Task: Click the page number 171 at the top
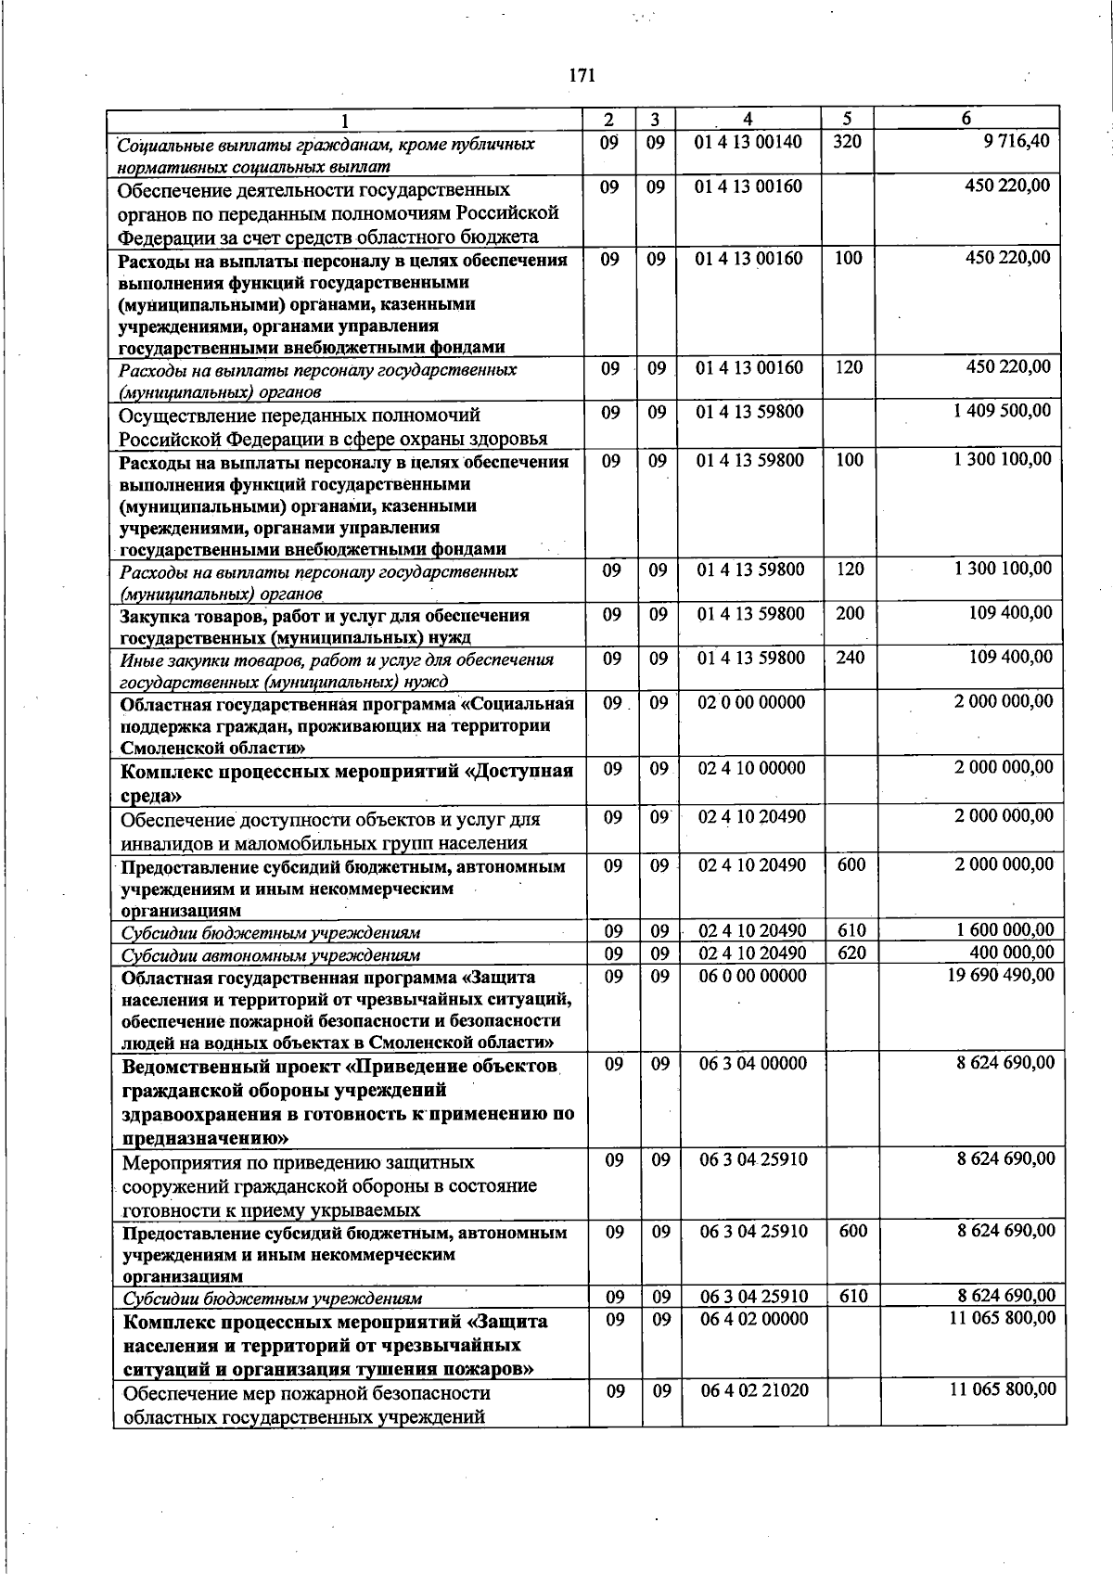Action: coord(581,76)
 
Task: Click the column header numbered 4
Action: coord(748,120)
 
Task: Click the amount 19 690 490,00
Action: coord(1000,976)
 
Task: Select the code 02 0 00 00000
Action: coord(751,703)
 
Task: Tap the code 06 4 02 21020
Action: coord(754,1390)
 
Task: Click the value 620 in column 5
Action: coord(851,953)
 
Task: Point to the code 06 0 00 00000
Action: coord(752,976)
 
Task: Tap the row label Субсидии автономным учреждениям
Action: coord(271,955)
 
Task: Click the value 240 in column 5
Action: coord(850,659)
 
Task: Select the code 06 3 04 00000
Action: coord(753,1064)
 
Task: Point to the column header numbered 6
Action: coord(966,120)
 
